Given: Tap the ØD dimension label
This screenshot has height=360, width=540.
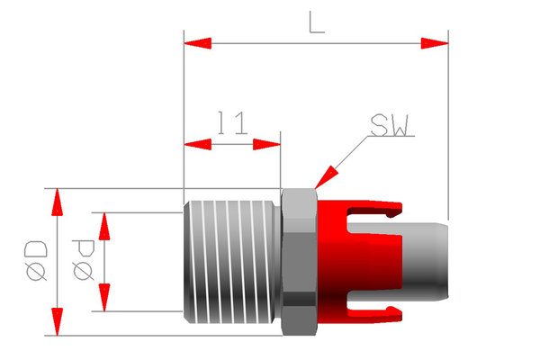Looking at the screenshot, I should pyautogui.click(x=36, y=261).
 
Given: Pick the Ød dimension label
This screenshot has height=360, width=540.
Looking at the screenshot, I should pyautogui.click(x=82, y=261).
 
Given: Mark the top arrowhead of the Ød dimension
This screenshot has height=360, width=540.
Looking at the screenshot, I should pyautogui.click(x=103, y=228).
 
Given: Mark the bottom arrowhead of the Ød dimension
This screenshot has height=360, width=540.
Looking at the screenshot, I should pyautogui.click(x=103, y=297).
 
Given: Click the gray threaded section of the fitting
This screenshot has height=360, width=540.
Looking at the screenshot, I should pyautogui.click(x=231, y=261).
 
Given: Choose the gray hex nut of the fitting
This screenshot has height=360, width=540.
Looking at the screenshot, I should pyautogui.click(x=299, y=261).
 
